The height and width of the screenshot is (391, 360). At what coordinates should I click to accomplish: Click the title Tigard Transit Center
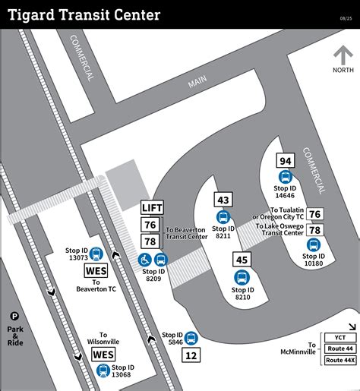(x=84, y=15)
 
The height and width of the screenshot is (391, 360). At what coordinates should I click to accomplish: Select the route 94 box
(x=286, y=161)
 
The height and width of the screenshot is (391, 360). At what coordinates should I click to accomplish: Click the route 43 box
(x=223, y=200)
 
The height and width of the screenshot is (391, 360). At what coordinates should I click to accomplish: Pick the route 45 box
(x=242, y=260)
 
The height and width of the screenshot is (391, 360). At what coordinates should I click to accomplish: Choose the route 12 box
(x=191, y=355)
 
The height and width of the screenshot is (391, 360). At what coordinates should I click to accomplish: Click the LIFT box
(x=151, y=207)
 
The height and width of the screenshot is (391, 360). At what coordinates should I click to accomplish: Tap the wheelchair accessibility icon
(x=144, y=260)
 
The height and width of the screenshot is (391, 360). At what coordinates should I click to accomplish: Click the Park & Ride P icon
(x=14, y=317)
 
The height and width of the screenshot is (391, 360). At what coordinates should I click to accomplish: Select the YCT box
(x=340, y=337)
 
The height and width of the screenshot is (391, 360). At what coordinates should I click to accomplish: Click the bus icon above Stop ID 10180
(x=314, y=244)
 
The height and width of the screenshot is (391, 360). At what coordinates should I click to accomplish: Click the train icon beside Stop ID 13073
(x=96, y=254)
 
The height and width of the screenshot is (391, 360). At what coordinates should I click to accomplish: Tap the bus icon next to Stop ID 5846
(x=191, y=338)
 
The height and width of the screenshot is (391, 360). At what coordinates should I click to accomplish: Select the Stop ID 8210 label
(x=242, y=293)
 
